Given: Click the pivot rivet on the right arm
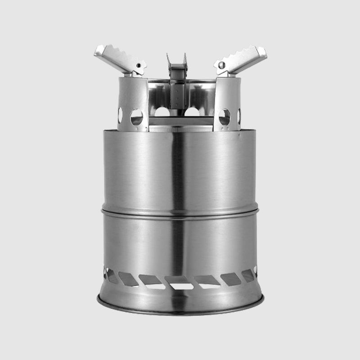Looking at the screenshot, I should click(221, 66).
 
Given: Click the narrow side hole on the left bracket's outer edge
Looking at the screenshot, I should click(120, 115).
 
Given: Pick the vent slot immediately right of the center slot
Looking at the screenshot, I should click(207, 281).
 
